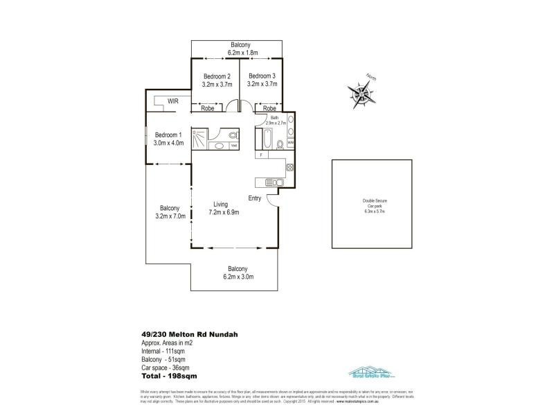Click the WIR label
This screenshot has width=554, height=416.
pos(163,101)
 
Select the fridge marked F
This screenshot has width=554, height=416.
pos(260,155)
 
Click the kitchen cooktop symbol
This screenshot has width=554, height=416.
pos(289,167)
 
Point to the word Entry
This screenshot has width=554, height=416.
pos(255,198)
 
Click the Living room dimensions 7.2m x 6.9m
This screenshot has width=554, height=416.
pos(224,212)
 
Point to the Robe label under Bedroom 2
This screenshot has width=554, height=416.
pos(206,108)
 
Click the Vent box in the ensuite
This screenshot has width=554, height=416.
pos(234,146)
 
